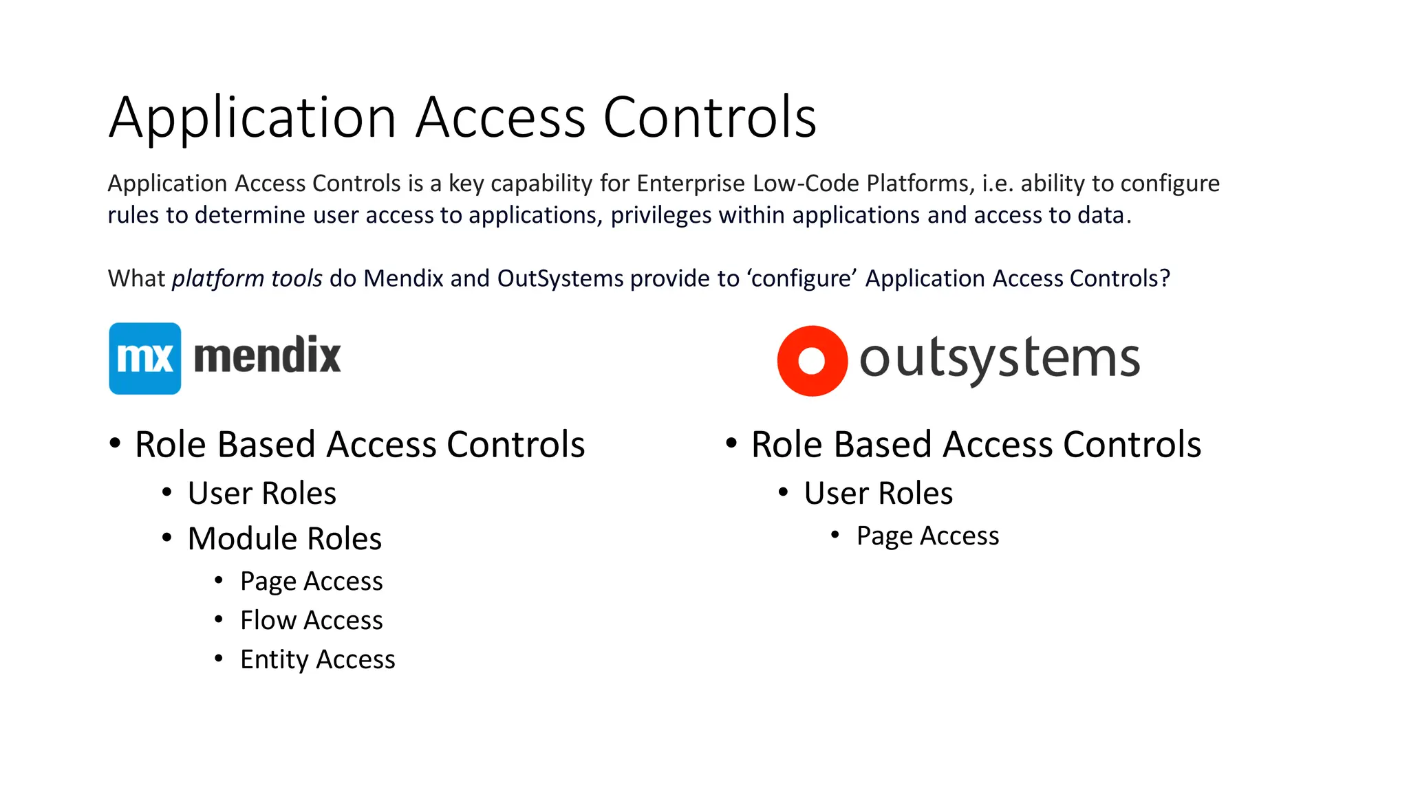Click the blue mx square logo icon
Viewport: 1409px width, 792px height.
point(144,358)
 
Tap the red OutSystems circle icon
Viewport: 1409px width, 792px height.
point(812,361)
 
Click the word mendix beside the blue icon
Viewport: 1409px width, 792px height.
point(267,356)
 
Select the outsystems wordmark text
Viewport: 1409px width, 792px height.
point(999,358)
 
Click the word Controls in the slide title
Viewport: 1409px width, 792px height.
point(709,118)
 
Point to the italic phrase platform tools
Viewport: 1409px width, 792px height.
point(247,278)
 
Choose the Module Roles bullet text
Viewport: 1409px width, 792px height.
point(284,538)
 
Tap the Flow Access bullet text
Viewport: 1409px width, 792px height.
point(311,620)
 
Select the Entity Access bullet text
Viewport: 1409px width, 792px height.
point(317,659)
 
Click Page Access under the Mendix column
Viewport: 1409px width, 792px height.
point(311,581)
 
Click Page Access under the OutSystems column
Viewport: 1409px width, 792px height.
point(927,536)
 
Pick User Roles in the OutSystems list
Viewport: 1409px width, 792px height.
point(878,493)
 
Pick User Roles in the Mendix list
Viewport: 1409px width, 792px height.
point(261,493)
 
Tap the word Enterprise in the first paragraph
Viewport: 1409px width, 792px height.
point(690,184)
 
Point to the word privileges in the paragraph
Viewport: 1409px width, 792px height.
point(661,215)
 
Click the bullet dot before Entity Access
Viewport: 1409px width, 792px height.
point(219,659)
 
